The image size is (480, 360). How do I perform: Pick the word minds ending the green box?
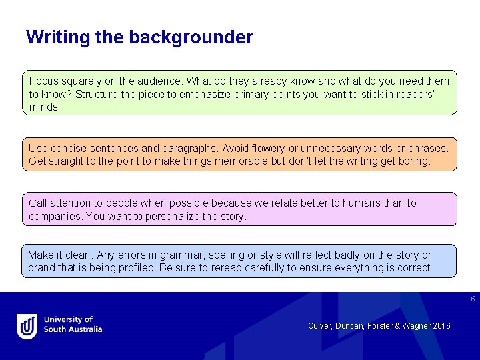pos(43,107)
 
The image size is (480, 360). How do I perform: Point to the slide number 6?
pos(473,299)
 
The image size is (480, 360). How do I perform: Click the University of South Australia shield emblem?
pos(27,326)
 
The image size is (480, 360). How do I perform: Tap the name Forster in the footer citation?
pos(379,325)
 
